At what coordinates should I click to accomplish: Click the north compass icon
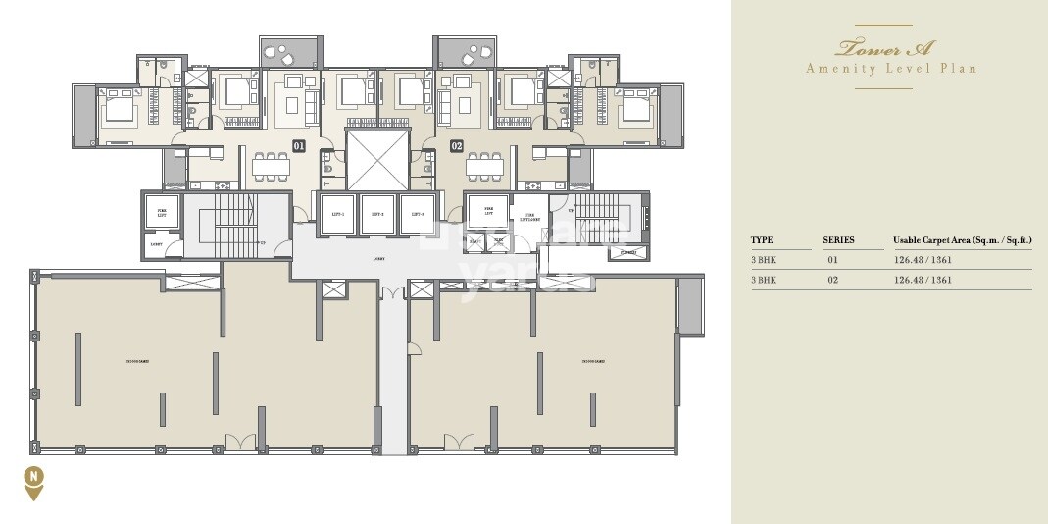(x=34, y=480)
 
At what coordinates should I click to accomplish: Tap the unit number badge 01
(x=299, y=147)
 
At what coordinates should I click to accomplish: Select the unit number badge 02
(x=456, y=147)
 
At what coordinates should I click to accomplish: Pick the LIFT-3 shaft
(x=417, y=214)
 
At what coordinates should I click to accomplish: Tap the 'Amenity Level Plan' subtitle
(x=890, y=69)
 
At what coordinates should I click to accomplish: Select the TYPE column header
(x=762, y=240)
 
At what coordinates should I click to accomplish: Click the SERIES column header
(x=838, y=240)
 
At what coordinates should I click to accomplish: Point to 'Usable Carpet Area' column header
(x=962, y=240)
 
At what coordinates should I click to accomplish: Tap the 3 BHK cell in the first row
(x=763, y=260)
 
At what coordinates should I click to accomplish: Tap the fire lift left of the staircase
(x=157, y=212)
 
